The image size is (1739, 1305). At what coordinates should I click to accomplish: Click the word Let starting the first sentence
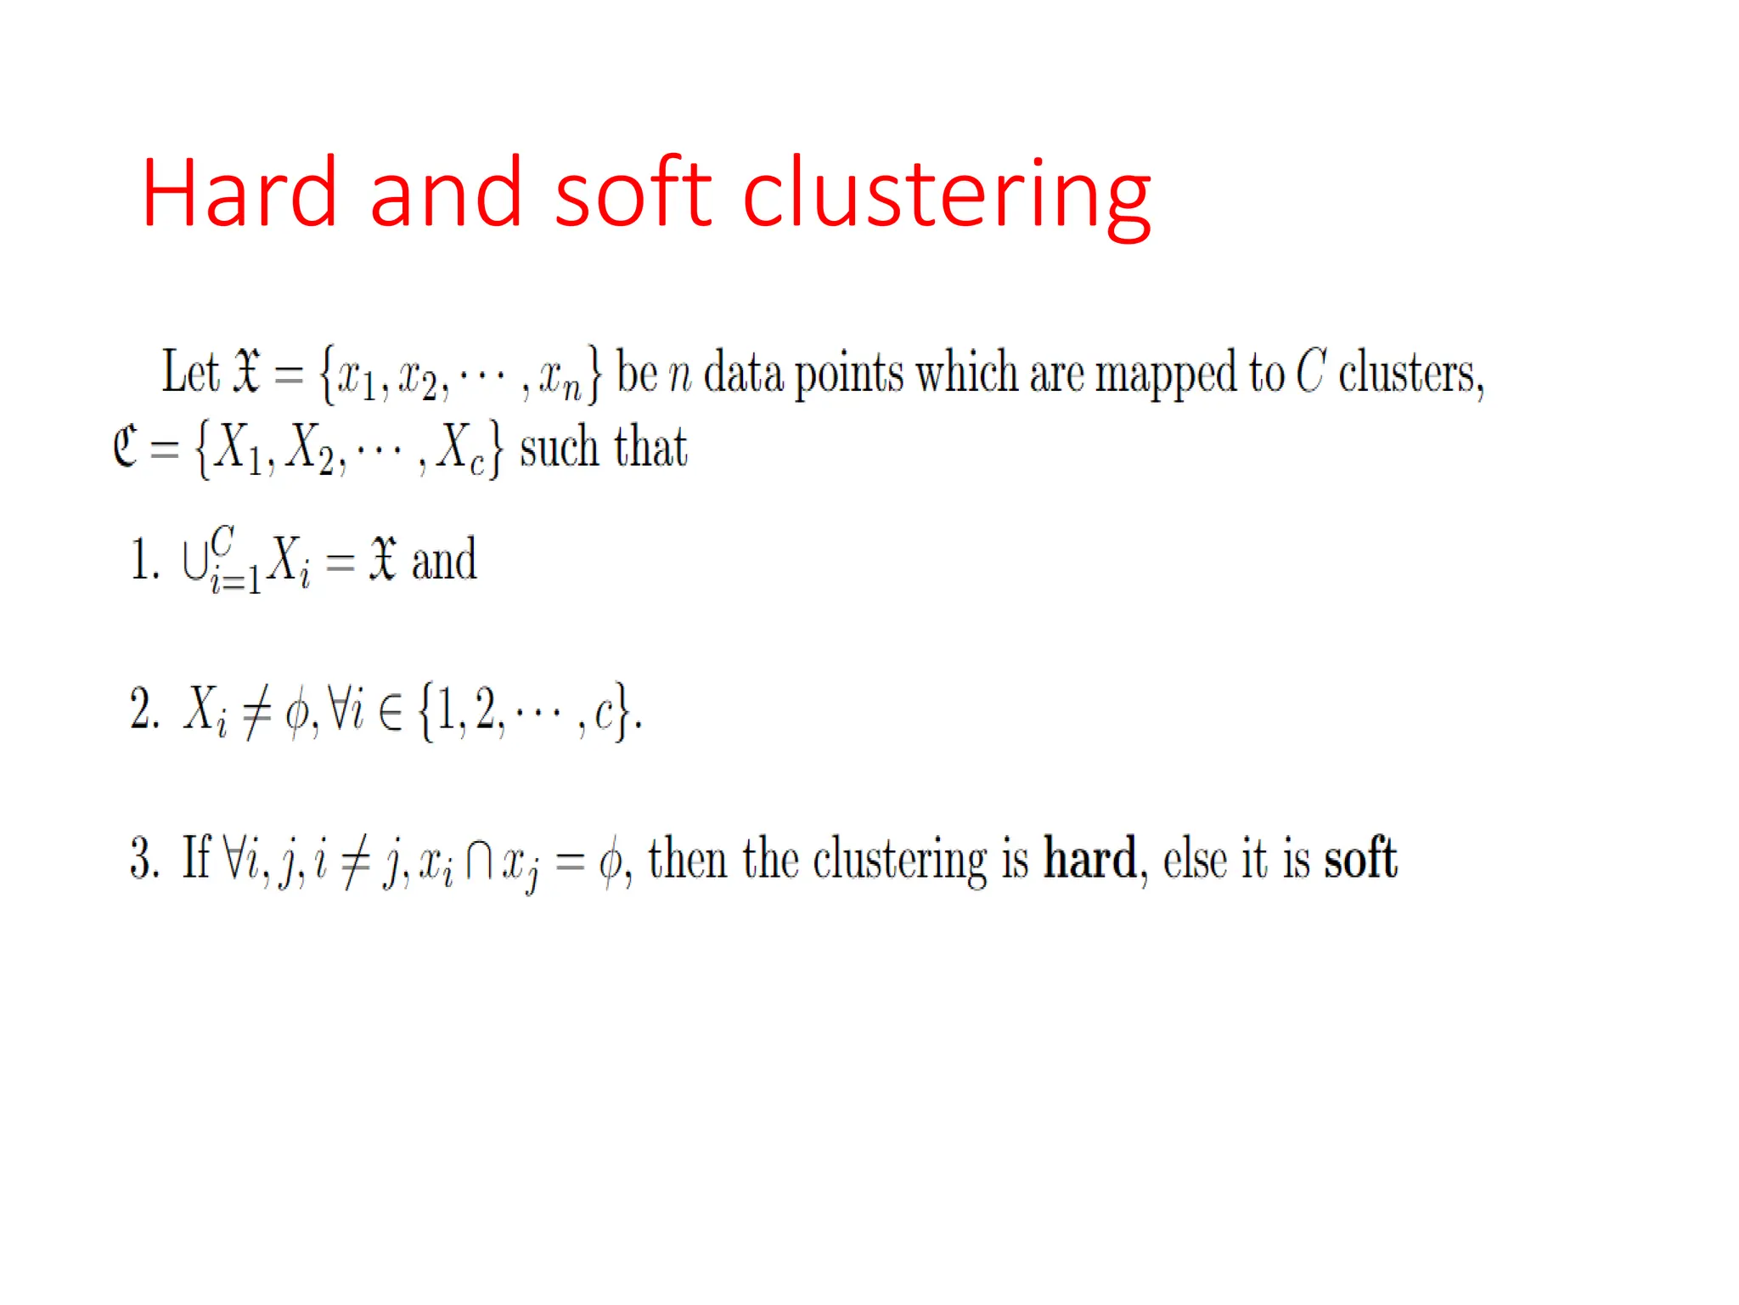pyautogui.click(x=190, y=372)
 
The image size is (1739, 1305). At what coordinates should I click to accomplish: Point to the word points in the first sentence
pyautogui.click(x=849, y=374)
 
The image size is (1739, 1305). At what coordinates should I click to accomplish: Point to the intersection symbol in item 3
pyautogui.click(x=478, y=860)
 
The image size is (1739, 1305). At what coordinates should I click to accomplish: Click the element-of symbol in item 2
pyautogui.click(x=390, y=712)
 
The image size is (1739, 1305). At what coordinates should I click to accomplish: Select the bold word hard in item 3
pyautogui.click(x=1089, y=858)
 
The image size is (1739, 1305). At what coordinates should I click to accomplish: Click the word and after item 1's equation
pyautogui.click(x=443, y=561)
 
